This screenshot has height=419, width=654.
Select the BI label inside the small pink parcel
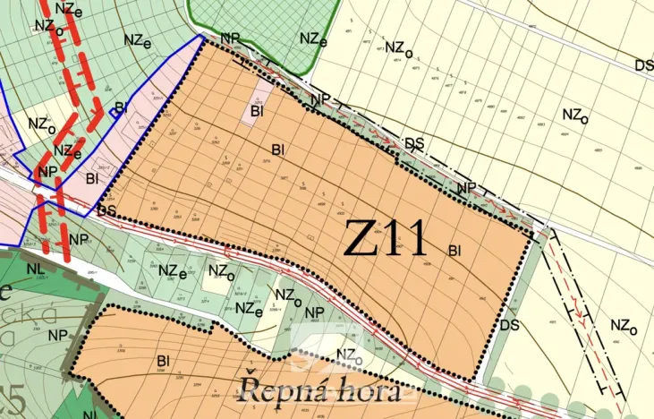tap(258, 112)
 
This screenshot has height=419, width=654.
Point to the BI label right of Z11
tap(455, 251)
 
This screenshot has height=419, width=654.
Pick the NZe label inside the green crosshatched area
tap(313, 39)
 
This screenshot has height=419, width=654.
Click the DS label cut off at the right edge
tap(643, 65)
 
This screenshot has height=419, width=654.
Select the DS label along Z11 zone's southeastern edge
tap(510, 324)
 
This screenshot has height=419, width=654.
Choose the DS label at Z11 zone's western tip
tap(107, 212)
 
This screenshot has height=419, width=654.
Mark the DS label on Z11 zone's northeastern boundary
tap(414, 142)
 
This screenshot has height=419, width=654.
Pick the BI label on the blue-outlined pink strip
tap(91, 179)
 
